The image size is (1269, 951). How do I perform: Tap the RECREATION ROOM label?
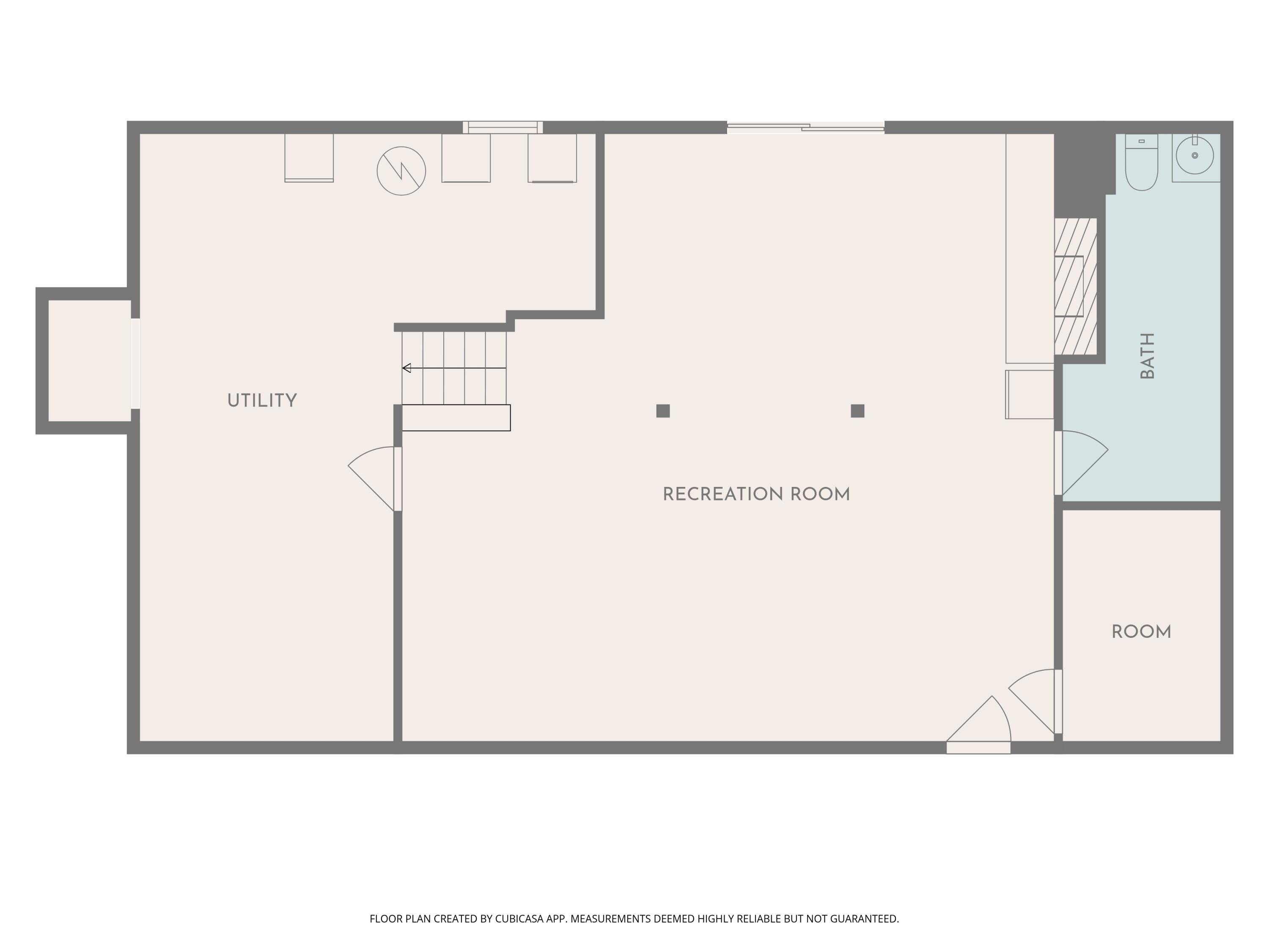[x=756, y=494]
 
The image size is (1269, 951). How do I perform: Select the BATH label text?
[x=1147, y=355]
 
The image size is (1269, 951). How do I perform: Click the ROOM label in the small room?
[x=1141, y=632]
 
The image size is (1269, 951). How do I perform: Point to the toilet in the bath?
[x=1141, y=164]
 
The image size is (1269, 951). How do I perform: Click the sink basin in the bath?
[x=1195, y=156]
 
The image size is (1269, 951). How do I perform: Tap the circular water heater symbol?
[x=401, y=171]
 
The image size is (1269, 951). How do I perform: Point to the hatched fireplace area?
[x=1076, y=287]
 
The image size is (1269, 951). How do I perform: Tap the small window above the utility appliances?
[x=503, y=127]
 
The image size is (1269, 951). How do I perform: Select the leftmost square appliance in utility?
[x=309, y=158]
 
